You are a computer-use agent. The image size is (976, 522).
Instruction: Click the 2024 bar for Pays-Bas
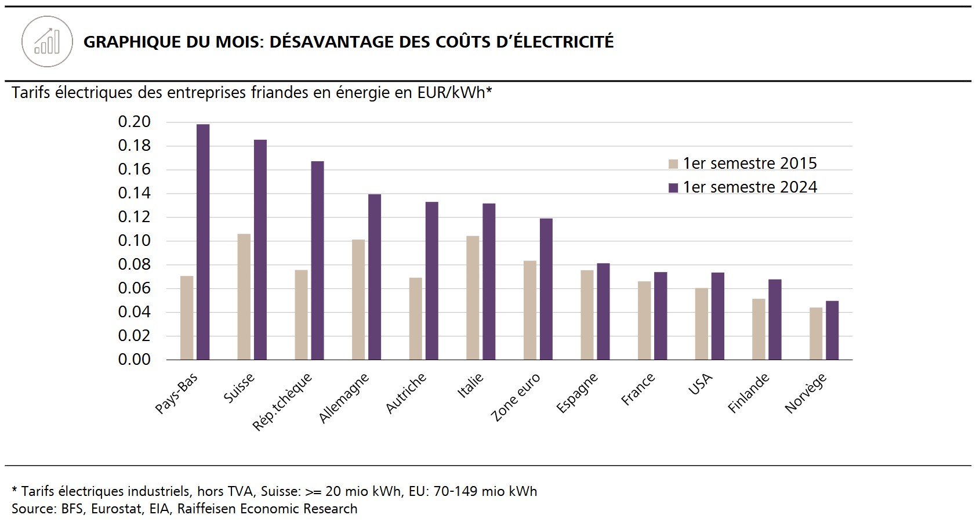click(203, 242)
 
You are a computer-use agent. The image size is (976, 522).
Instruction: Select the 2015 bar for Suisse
click(244, 296)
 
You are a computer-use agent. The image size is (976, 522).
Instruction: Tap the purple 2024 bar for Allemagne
click(375, 277)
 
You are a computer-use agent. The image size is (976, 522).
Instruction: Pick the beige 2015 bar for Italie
click(473, 298)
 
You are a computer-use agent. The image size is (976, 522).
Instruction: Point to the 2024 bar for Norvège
click(832, 330)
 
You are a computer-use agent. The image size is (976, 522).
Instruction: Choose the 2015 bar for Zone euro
click(530, 310)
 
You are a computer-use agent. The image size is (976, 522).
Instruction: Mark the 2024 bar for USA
click(718, 316)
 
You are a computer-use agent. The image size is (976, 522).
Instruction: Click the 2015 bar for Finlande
click(759, 329)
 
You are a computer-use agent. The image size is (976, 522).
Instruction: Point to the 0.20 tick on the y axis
click(135, 122)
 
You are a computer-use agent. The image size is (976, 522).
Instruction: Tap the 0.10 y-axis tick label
click(135, 241)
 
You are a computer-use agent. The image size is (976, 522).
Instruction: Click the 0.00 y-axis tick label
click(135, 360)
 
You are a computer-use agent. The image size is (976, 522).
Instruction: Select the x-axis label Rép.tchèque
click(282, 402)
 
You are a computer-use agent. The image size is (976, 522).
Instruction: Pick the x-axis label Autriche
click(406, 393)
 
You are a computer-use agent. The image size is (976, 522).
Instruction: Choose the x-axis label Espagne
click(577, 393)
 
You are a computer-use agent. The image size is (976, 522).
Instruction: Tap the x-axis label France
click(638, 389)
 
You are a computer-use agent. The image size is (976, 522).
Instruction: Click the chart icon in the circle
click(47, 42)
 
